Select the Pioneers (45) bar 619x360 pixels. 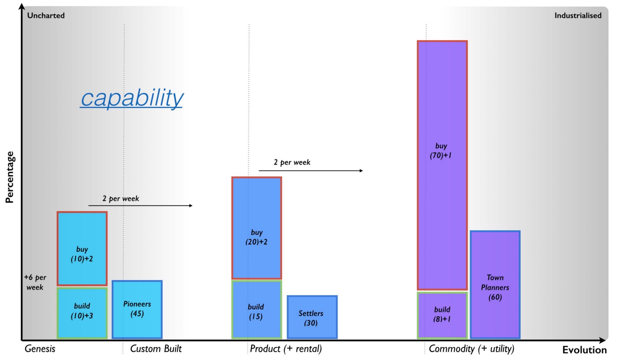(x=137, y=309)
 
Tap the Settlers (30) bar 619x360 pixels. (x=312, y=317)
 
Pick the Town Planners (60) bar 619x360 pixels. (x=495, y=285)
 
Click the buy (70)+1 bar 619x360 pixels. (x=442, y=165)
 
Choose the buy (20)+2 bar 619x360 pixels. (x=256, y=228)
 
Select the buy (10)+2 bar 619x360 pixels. (x=82, y=249)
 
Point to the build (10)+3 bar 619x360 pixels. (x=82, y=313)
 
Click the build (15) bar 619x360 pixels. (x=256, y=309)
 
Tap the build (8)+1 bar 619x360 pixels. (x=442, y=315)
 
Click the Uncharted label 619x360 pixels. (x=46, y=15)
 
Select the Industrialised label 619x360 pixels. (x=578, y=15)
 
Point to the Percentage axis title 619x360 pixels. (x=9, y=177)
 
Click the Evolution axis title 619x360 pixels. (x=584, y=350)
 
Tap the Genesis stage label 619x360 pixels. (x=40, y=349)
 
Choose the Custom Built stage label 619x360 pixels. (x=156, y=349)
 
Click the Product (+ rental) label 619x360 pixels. (x=286, y=349)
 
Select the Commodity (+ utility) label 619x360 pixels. (x=471, y=349)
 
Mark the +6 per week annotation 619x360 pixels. (x=35, y=282)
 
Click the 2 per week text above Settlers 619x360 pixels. (x=292, y=162)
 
